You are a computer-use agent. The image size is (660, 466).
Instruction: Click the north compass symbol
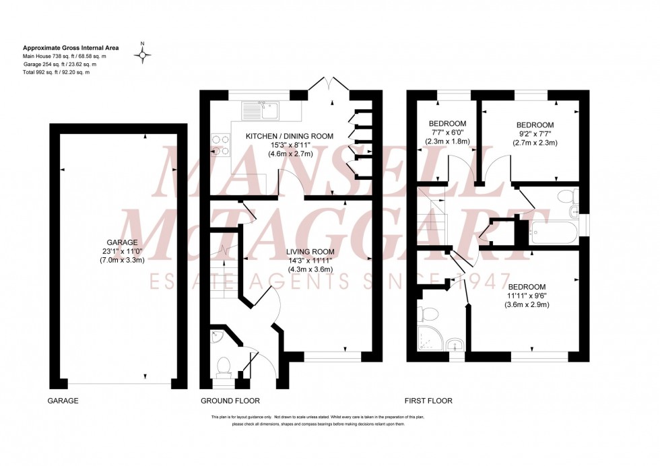tap(142, 55)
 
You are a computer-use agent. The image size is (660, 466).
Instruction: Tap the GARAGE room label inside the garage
tap(122, 242)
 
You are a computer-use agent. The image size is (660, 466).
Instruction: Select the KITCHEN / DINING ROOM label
tap(290, 136)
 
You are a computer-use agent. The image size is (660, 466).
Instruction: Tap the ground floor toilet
tap(224, 366)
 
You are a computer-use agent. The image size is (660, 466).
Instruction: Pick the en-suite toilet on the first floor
tap(426, 314)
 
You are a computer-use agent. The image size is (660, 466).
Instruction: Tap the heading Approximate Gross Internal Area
tap(71, 48)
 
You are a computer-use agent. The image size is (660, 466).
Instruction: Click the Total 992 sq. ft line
tap(57, 72)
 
